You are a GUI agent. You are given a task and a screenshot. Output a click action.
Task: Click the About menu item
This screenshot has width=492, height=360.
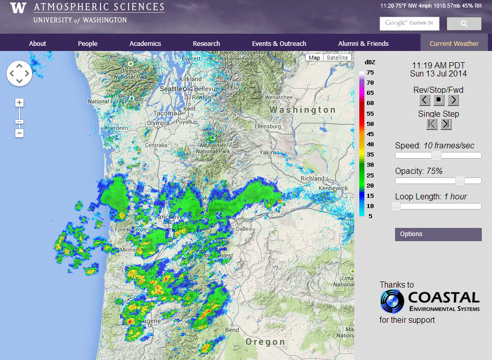pyautogui.click(x=37, y=43)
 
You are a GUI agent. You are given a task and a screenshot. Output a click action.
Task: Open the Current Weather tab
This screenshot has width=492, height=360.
pyautogui.click(x=454, y=43)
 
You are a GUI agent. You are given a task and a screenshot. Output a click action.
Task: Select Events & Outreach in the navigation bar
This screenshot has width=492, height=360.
pyautogui.click(x=279, y=43)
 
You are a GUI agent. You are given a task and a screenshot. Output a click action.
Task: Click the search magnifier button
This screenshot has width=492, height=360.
pyautogui.click(x=464, y=23)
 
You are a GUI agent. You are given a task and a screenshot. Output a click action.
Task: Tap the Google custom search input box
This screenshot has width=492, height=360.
pyautogui.click(x=409, y=23)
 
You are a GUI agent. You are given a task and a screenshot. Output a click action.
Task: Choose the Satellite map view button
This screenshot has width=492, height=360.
pyautogui.click(x=337, y=58)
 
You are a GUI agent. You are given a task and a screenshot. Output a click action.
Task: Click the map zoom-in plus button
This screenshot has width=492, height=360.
pyautogui.click(x=19, y=102)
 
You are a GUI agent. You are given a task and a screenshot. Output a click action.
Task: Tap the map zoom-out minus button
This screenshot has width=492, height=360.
pyautogui.click(x=19, y=133)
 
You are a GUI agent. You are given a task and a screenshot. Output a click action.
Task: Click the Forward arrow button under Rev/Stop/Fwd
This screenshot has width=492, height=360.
pyautogui.click(x=453, y=100)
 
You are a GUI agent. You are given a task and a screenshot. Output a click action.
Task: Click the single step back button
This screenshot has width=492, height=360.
pyautogui.click(x=432, y=123)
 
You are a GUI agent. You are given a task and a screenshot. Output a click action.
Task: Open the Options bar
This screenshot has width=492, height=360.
pyautogui.click(x=438, y=234)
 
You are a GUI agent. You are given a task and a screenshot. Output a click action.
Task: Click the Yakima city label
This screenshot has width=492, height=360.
pyautogui.click(x=269, y=152)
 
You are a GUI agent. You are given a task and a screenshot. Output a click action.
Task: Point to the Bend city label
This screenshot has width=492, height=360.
pyautogui.click(x=232, y=330)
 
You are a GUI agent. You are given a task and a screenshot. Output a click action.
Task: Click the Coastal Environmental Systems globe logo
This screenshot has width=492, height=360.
pyautogui.click(x=392, y=301)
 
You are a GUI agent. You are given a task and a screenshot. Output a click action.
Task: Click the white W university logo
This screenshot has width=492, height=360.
pyautogui.click(x=18, y=8)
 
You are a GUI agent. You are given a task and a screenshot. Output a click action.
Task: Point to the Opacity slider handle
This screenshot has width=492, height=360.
pyautogui.click(x=460, y=181)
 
